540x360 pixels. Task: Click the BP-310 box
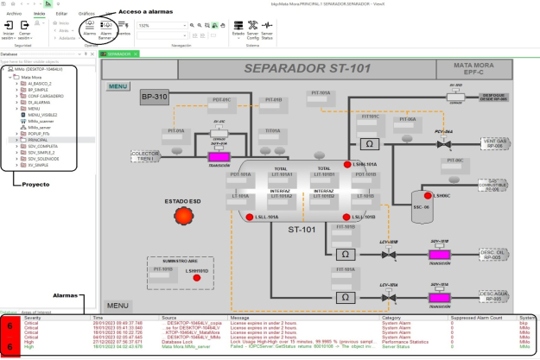click(155, 96)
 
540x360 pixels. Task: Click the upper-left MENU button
click(118, 85)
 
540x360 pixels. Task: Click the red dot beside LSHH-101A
click(346, 164)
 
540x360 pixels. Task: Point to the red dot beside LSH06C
click(429, 196)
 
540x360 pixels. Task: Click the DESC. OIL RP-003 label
click(491, 254)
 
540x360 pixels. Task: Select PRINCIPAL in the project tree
click(41, 138)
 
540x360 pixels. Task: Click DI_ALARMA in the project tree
click(39, 101)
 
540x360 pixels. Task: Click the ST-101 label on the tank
click(302, 230)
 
